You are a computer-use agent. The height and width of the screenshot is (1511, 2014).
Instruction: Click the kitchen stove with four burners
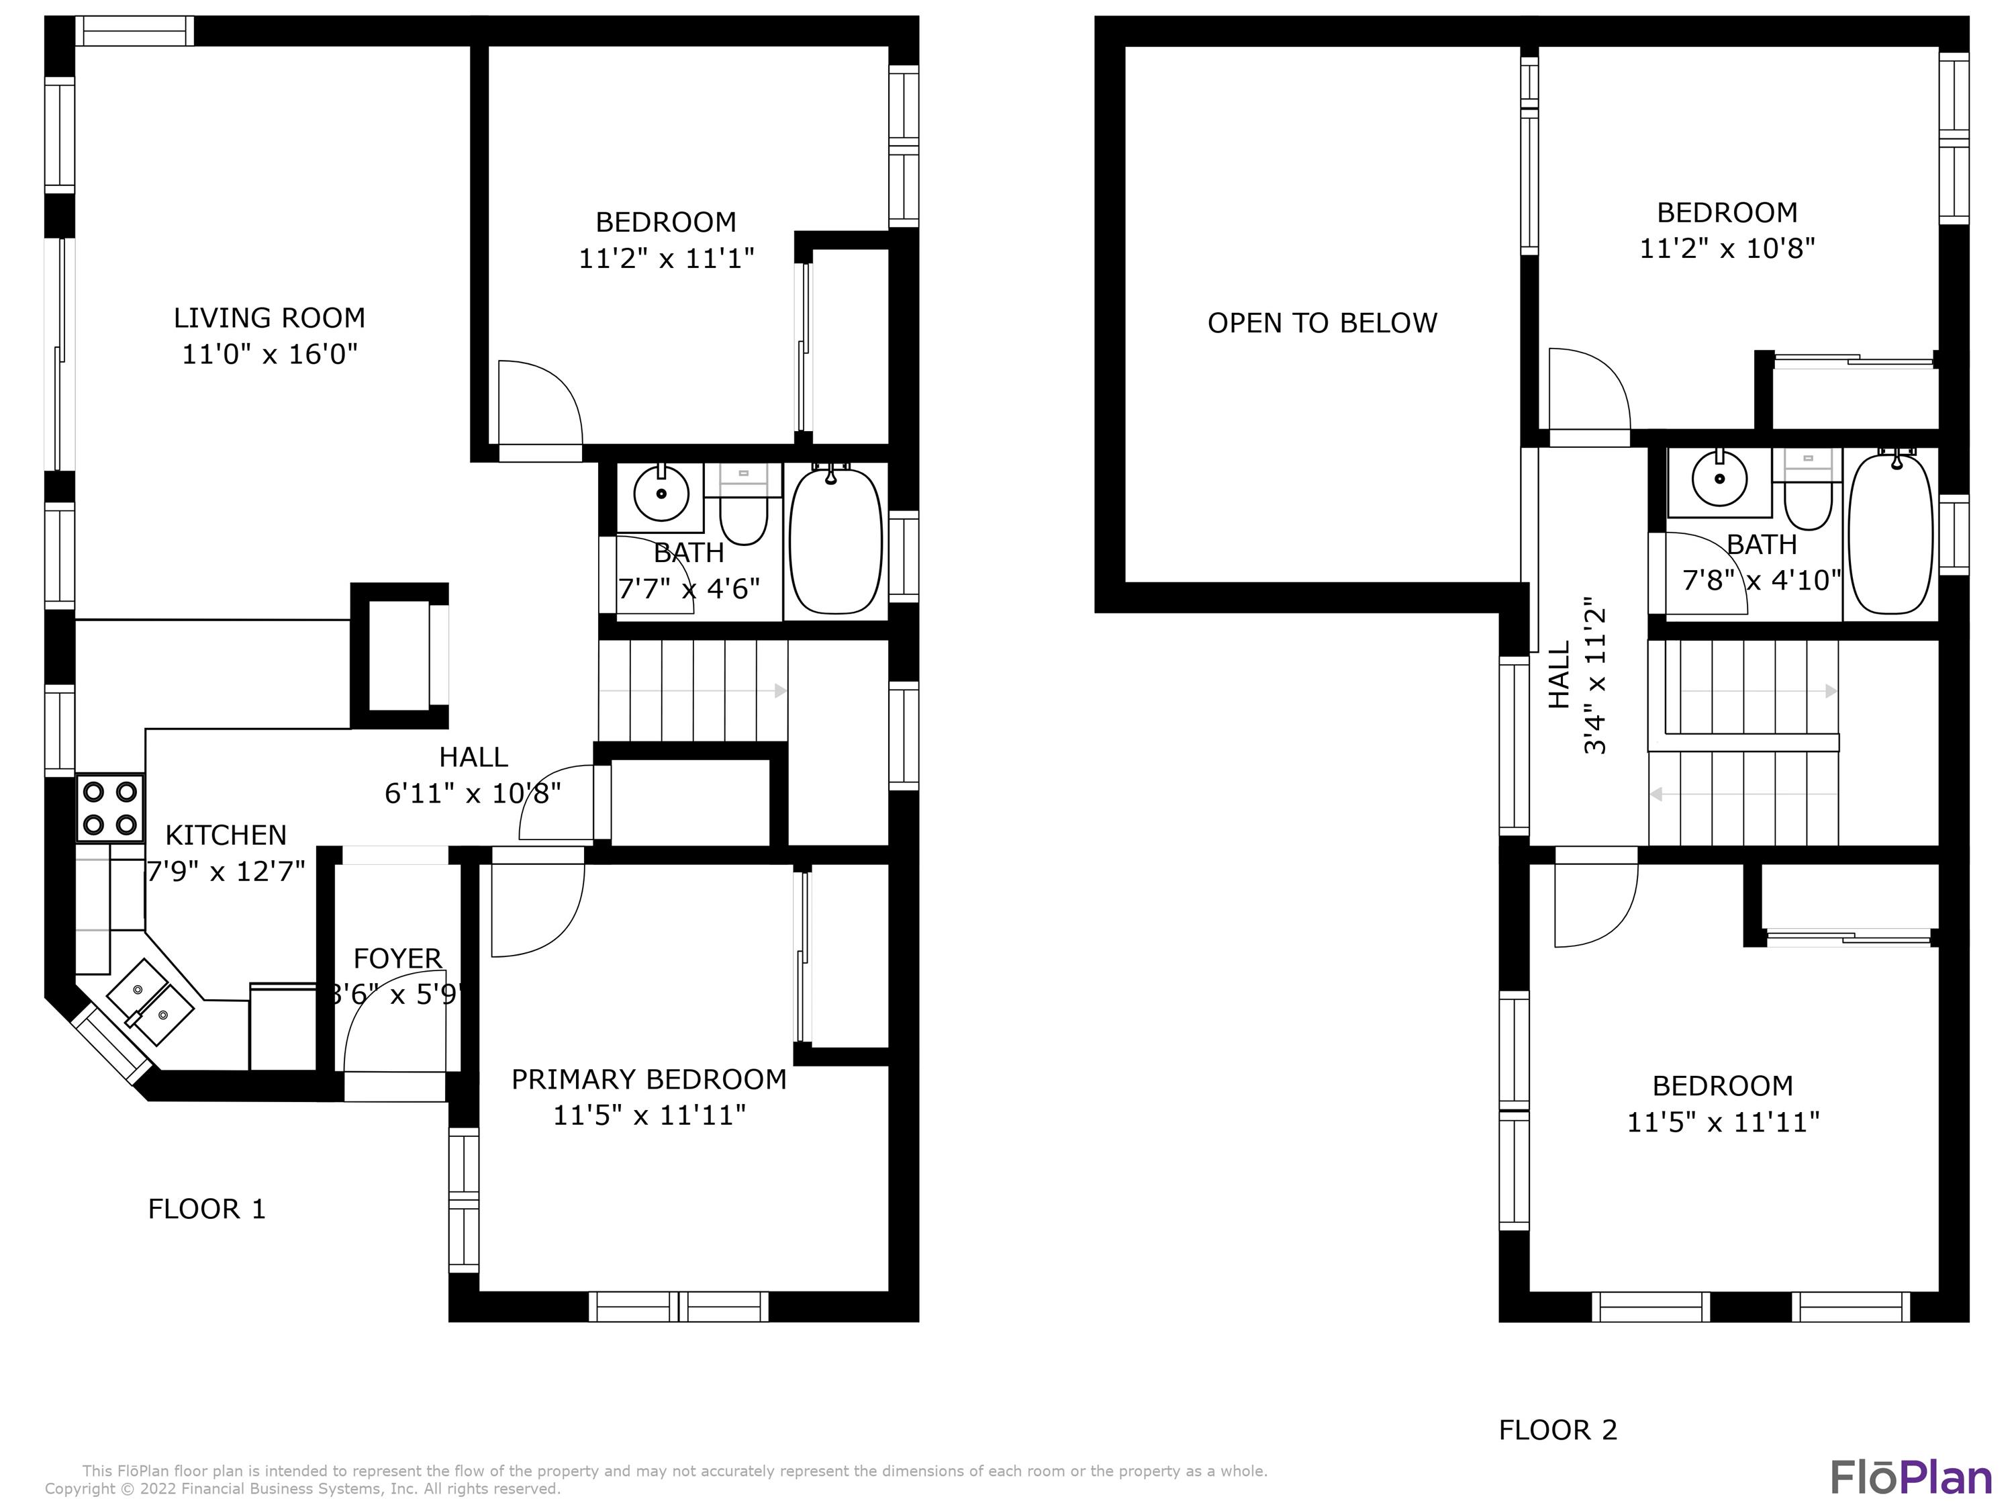[110, 808]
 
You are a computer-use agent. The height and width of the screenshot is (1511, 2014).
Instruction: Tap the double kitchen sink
[150, 1002]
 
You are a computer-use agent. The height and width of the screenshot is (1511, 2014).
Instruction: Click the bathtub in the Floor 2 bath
[1891, 535]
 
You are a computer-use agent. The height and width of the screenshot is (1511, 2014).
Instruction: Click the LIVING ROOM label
[269, 318]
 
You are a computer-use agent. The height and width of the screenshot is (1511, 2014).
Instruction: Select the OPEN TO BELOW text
[1322, 323]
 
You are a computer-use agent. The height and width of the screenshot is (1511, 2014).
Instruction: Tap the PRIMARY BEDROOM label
[649, 1079]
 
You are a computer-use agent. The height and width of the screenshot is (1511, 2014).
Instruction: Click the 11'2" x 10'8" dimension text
[1727, 248]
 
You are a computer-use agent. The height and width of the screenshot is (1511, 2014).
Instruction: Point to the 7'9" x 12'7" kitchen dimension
[226, 872]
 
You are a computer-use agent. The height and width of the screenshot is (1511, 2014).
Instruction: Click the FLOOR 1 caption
[207, 1209]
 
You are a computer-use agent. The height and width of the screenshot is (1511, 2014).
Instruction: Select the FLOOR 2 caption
[1558, 1430]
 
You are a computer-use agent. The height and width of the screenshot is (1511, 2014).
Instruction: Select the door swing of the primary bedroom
[537, 911]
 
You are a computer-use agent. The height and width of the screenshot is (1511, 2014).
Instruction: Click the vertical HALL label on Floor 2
[1560, 675]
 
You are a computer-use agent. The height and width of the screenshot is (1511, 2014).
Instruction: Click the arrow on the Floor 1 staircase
[780, 691]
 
